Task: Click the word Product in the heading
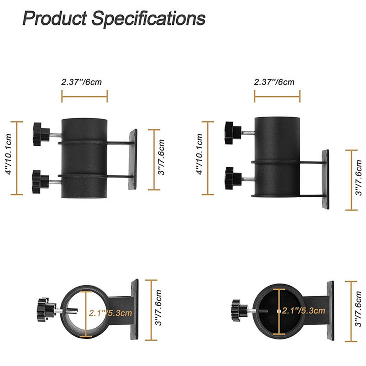(55, 19)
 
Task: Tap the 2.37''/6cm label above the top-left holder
(81, 82)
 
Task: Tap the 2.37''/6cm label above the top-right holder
(274, 82)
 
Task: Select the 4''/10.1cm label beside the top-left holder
(9, 154)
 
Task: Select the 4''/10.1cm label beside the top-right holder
(199, 154)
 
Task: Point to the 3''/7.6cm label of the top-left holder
(161, 157)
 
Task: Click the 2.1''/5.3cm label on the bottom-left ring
(110, 313)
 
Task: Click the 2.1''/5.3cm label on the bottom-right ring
(303, 311)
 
